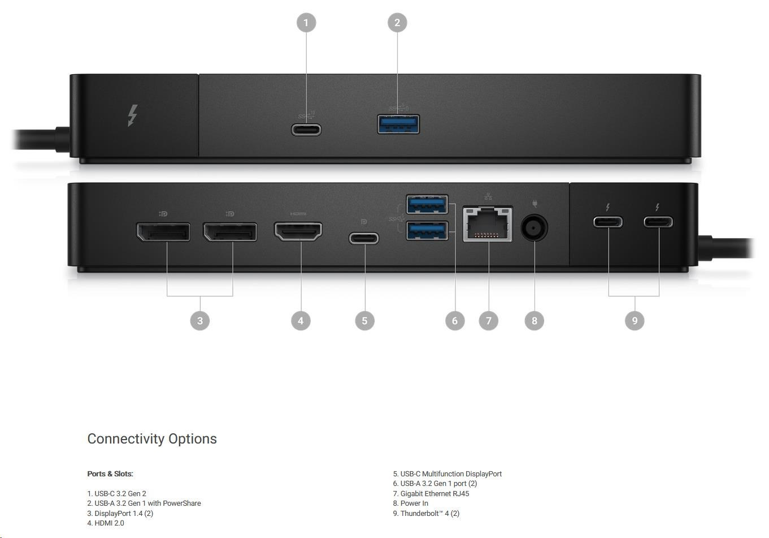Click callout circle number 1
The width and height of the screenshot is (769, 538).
tap(306, 23)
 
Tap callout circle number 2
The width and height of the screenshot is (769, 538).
tap(397, 23)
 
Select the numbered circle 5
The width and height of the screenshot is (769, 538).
tap(364, 321)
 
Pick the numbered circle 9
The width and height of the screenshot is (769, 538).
tap(635, 321)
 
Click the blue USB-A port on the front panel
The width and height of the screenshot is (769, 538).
tap(398, 124)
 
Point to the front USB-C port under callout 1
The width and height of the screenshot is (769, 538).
tap(306, 130)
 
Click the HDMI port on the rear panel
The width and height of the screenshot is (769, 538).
tap(298, 231)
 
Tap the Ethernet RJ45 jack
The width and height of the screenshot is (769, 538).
tap(488, 224)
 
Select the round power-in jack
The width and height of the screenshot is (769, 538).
tap(534, 227)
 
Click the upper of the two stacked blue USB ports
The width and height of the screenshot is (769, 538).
tap(427, 204)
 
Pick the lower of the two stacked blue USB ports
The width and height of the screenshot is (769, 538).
tap(427, 230)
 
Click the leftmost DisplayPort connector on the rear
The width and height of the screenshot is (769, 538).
tap(163, 232)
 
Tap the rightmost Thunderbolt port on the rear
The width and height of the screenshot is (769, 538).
tap(658, 222)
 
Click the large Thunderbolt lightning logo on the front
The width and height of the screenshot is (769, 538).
tap(133, 115)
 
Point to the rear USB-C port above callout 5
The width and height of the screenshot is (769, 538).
tap(364, 238)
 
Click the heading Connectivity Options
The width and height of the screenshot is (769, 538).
tap(152, 439)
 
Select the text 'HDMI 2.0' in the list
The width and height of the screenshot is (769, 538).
tap(109, 523)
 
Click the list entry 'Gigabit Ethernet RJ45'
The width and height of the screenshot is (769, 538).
tap(435, 494)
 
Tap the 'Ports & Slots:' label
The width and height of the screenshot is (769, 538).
tap(110, 474)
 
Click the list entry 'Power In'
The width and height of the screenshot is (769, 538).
tap(414, 503)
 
